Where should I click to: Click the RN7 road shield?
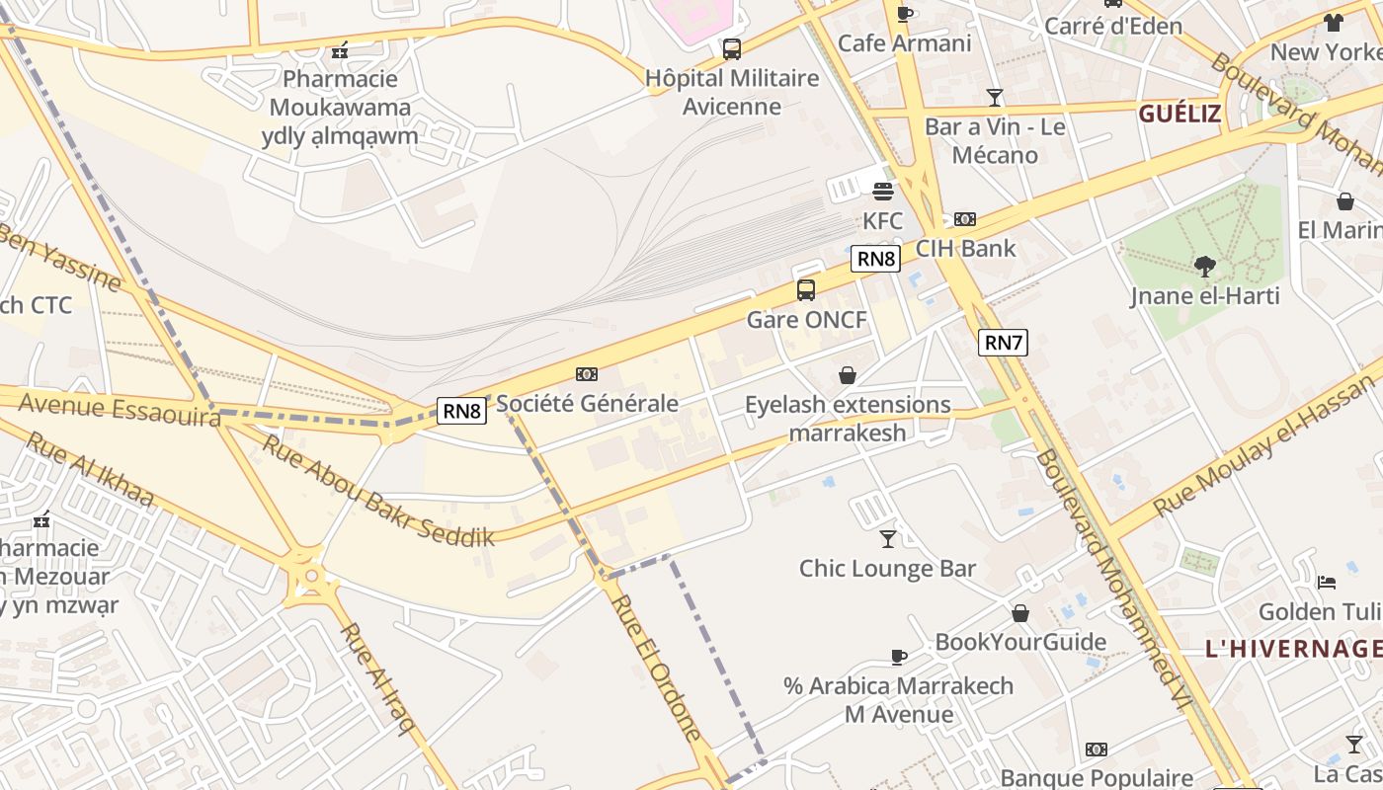pos(1003,343)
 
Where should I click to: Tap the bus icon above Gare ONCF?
pos(806,289)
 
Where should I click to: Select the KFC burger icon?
pos(882,192)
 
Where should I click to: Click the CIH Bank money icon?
pos(965,219)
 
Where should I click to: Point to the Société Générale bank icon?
pos(587,374)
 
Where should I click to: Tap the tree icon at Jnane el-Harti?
pos(1204,266)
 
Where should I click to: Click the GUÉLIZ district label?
pos(1180,114)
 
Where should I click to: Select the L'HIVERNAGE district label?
pos(1293,649)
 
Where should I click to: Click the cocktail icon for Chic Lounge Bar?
pos(888,538)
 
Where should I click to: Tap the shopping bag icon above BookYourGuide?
pos(1020,613)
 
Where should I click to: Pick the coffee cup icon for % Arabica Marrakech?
pos(898,657)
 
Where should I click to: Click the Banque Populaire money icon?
pos(1097,750)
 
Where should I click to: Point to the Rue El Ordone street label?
pos(656,667)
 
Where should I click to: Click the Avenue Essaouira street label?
pos(119,409)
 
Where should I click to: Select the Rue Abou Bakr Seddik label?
pos(377,491)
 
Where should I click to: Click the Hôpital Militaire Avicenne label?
pos(732,92)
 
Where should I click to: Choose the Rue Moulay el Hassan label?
pos(1264,445)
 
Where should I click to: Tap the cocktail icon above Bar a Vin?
pos(995,98)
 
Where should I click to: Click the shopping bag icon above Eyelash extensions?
pos(848,375)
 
